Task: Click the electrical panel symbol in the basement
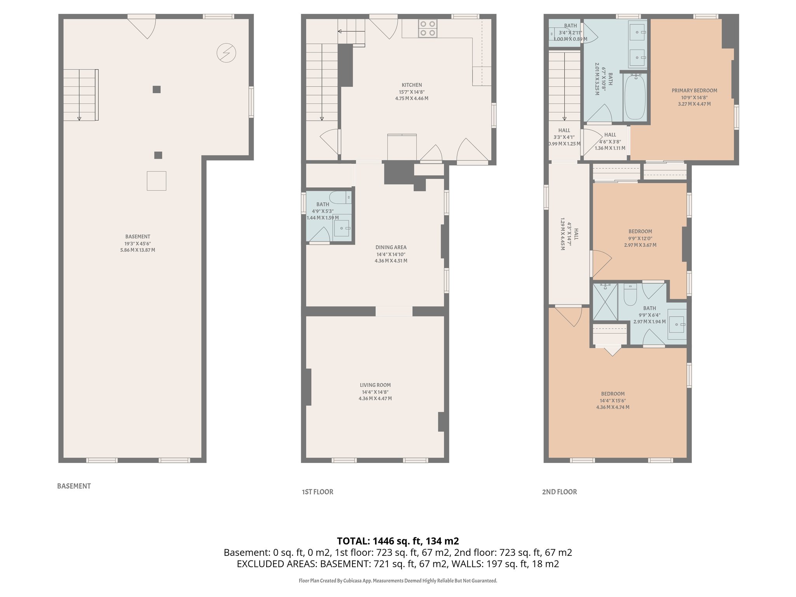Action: pyautogui.click(x=226, y=53)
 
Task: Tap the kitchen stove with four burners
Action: pyautogui.click(x=428, y=28)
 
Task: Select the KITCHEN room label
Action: pyautogui.click(x=412, y=85)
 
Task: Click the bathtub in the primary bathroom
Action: pyautogui.click(x=635, y=97)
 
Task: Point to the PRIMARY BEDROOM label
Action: pyautogui.click(x=694, y=91)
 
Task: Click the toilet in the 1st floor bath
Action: pyautogui.click(x=340, y=197)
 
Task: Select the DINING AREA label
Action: pyautogui.click(x=391, y=248)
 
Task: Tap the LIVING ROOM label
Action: pyautogui.click(x=375, y=385)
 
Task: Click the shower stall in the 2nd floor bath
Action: pyautogui.click(x=605, y=302)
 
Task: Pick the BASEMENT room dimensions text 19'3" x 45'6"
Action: pyautogui.click(x=138, y=244)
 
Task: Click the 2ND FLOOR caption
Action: pyautogui.click(x=559, y=492)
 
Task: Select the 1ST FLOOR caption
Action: pyautogui.click(x=318, y=492)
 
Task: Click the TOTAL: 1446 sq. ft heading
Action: pyautogui.click(x=398, y=541)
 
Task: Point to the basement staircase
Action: pyautogui.click(x=80, y=95)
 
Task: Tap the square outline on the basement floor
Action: pyautogui.click(x=157, y=181)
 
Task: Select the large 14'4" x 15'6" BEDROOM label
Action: pyautogui.click(x=613, y=394)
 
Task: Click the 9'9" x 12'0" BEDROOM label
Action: pyautogui.click(x=640, y=232)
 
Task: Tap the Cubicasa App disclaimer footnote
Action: pyautogui.click(x=398, y=581)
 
